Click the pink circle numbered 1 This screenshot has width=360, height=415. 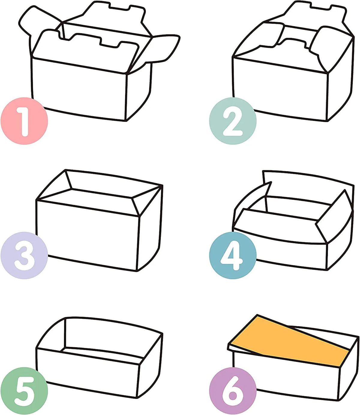pos(24,121)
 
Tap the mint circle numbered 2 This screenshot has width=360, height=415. pos(232,121)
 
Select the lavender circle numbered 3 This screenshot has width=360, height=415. pos(24,255)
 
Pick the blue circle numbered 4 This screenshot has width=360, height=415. pos(232,255)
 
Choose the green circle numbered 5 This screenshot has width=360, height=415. pos(24,391)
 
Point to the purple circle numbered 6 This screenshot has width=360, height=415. pos(232,391)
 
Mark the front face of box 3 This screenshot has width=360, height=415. pos(87,235)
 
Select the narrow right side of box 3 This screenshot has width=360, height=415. pos(150,229)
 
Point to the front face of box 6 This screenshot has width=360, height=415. pos(285,378)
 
